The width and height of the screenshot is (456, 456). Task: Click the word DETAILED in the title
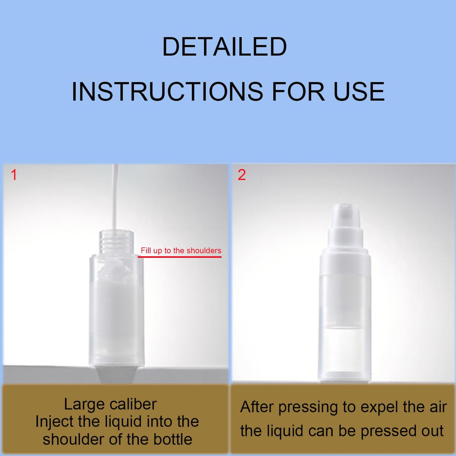(224, 47)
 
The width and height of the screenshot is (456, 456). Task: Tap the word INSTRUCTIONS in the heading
(167, 92)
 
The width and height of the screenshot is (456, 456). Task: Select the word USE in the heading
(359, 92)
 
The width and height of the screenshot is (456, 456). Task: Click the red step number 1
(14, 175)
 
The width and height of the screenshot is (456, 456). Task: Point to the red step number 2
(242, 175)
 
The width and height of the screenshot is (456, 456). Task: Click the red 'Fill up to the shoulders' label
(181, 251)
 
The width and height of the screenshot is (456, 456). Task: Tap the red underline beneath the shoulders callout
(180, 257)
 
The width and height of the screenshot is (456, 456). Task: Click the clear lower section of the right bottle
(345, 353)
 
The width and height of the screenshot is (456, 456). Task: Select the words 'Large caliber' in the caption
(110, 404)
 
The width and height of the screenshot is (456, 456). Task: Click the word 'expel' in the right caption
(379, 407)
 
